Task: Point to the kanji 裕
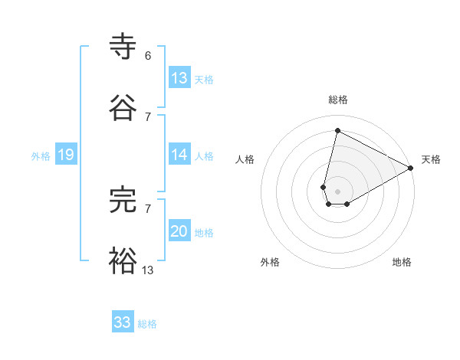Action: point(123,260)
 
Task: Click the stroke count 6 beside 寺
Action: point(148,56)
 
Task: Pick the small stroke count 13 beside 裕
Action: point(148,269)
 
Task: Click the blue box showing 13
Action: point(179,78)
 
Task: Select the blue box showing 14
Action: point(179,155)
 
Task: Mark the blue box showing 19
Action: point(65,155)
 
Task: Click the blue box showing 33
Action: point(123,322)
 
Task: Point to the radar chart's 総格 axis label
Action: point(338,100)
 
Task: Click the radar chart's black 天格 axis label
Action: point(431,159)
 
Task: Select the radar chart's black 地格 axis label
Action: point(402,262)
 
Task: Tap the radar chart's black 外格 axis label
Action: point(270,262)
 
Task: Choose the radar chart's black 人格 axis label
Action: point(245,159)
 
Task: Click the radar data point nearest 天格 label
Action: point(411,169)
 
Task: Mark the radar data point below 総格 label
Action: point(337,130)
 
